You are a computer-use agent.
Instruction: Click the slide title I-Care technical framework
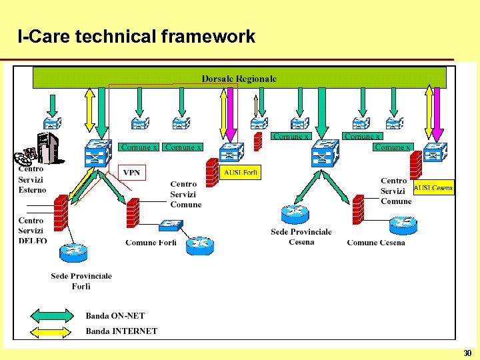click(137, 37)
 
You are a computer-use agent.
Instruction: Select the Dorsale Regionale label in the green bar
click(239, 79)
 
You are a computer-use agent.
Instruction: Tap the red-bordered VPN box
click(132, 173)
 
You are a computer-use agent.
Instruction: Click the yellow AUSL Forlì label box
click(241, 173)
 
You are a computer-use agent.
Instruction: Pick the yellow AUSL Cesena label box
click(433, 187)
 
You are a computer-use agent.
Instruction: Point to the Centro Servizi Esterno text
click(32, 179)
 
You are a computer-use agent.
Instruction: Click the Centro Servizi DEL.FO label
click(32, 231)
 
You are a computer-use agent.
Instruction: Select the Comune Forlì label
click(151, 243)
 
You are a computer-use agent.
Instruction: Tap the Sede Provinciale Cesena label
click(301, 237)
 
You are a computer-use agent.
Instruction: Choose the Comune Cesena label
click(376, 243)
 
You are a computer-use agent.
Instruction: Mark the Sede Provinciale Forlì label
click(81, 281)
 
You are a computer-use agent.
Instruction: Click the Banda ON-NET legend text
click(115, 316)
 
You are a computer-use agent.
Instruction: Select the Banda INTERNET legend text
click(121, 331)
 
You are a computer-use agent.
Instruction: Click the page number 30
click(467, 353)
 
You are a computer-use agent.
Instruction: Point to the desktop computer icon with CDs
click(41, 150)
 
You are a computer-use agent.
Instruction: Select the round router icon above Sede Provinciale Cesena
click(295, 214)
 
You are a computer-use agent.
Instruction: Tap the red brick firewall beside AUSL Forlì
click(213, 171)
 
